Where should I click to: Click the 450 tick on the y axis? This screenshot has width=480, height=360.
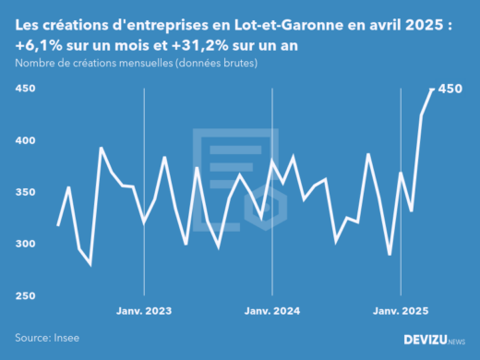(24, 89)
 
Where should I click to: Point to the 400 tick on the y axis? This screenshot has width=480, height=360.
(24, 140)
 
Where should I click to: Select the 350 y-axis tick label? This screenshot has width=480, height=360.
(24, 192)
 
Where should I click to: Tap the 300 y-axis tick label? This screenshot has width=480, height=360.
(24, 244)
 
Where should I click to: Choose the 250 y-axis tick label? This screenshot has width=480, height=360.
(24, 295)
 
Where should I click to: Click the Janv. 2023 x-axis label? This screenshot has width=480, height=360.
(143, 311)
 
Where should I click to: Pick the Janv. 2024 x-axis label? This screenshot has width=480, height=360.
(271, 311)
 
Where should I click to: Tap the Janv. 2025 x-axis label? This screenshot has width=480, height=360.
(400, 311)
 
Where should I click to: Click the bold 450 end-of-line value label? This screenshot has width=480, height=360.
(450, 89)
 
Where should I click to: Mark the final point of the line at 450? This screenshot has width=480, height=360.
(433, 89)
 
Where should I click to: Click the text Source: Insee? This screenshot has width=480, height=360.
(46, 339)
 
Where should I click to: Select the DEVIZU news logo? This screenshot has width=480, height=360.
(435, 340)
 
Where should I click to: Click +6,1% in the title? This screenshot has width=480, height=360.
(39, 44)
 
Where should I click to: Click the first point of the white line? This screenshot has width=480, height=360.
(58, 225)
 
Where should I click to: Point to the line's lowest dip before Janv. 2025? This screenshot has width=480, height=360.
(390, 255)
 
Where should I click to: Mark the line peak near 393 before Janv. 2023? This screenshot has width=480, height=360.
(101, 148)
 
